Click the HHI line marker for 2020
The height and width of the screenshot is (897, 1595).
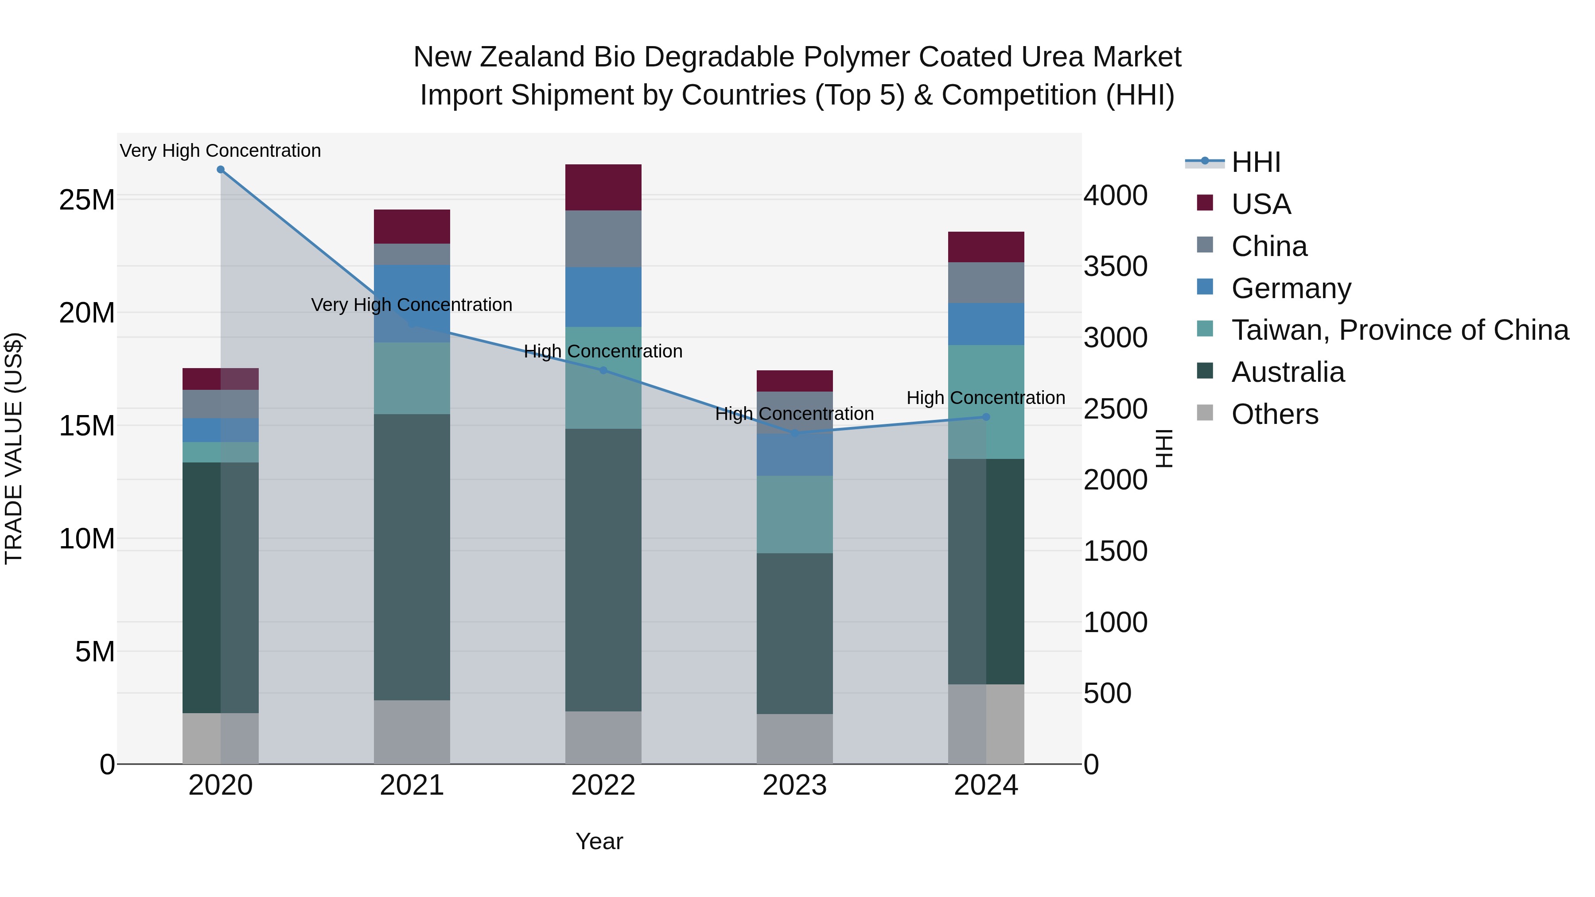(221, 170)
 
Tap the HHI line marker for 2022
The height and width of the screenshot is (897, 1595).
(603, 370)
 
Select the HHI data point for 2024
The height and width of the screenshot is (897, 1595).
(986, 417)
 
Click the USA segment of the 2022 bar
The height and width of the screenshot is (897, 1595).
(603, 187)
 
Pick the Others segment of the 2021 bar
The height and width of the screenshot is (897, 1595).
(412, 732)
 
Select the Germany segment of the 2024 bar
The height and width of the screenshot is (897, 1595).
(986, 324)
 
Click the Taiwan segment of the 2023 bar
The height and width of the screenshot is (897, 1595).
(794, 514)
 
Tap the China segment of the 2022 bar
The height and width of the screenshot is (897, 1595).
(603, 238)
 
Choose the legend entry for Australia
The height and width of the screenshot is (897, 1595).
(1288, 372)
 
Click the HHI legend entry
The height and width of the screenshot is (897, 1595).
(1256, 162)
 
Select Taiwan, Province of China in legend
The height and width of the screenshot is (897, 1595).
(1399, 330)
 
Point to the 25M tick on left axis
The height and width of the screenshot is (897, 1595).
(87, 200)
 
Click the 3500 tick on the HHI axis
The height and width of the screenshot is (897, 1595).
(1115, 267)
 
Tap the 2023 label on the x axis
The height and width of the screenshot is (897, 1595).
(794, 785)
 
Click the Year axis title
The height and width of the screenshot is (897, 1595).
(599, 841)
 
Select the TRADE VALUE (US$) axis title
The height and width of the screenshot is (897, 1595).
(14, 448)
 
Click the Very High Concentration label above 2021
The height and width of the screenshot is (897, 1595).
(412, 305)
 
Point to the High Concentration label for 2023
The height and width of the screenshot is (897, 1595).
(794, 414)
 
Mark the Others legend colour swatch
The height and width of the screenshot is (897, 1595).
(1205, 412)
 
